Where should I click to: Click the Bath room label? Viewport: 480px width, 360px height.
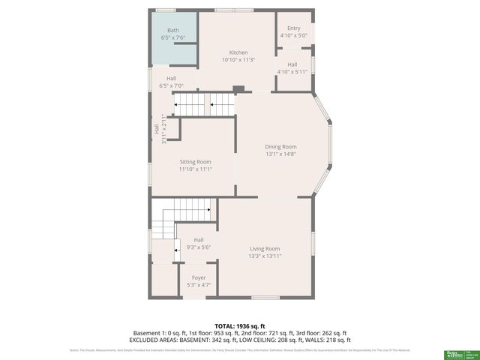(172, 30)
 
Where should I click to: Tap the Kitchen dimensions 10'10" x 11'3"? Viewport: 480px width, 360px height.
(238, 60)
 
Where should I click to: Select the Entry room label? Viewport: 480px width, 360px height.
(293, 28)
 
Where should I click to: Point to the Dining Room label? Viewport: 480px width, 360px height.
(280, 147)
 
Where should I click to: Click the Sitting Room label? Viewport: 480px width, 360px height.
(195, 162)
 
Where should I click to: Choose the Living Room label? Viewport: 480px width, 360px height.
(264, 249)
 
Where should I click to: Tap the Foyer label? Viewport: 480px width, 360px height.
(198, 277)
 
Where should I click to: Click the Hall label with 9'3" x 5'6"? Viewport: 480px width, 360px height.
(199, 240)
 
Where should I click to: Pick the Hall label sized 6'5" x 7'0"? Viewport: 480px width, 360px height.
(172, 78)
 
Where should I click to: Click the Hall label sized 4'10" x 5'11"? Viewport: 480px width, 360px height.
(292, 64)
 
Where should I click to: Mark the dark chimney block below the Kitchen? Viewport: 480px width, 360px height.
(238, 89)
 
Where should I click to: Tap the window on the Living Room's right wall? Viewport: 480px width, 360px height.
(313, 243)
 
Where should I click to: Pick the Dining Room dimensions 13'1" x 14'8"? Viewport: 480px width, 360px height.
(280, 154)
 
